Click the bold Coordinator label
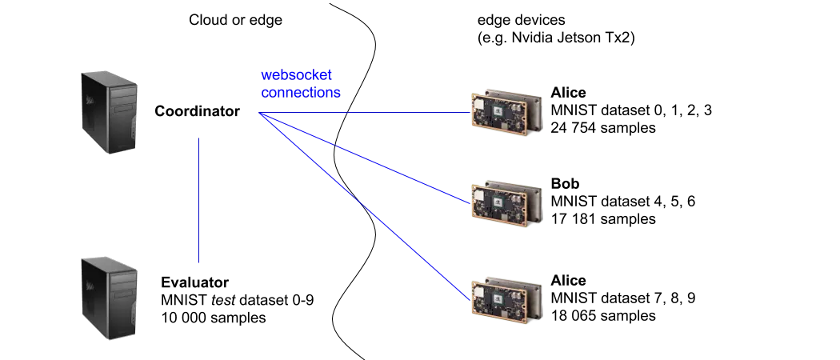pyautogui.click(x=197, y=111)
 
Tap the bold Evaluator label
pyautogui.click(x=195, y=282)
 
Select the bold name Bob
pyautogui.click(x=565, y=184)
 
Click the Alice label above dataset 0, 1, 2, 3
pyautogui.click(x=568, y=93)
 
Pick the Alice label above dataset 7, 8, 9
pyautogui.click(x=568, y=280)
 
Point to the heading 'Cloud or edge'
pyautogui.click(x=236, y=20)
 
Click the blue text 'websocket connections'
pyautogui.click(x=301, y=83)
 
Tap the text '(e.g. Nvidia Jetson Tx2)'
pyautogui.click(x=556, y=38)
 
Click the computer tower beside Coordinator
pyautogui.click(x=110, y=113)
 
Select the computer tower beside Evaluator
pyautogui.click(x=110, y=298)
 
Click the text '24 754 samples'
pyautogui.click(x=603, y=128)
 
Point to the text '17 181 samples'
pyautogui.click(x=603, y=218)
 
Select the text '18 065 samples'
pyautogui.click(x=603, y=315)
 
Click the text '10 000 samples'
pyautogui.click(x=214, y=317)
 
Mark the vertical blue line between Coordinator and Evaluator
pyautogui.click(x=198, y=200)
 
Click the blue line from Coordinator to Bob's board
pyautogui.click(x=364, y=158)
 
